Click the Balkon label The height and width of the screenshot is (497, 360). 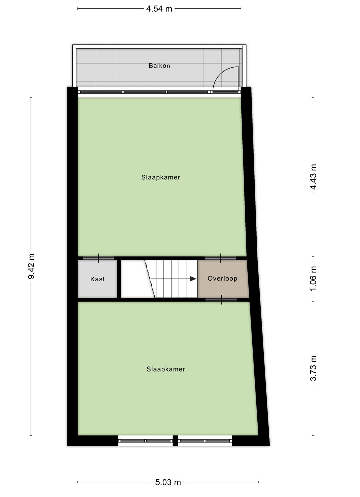(x=159, y=66)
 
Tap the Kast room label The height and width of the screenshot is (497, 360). (x=98, y=279)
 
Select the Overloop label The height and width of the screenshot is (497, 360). (x=222, y=279)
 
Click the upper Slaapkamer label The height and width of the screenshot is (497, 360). (x=161, y=177)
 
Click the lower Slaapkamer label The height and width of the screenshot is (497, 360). (x=166, y=369)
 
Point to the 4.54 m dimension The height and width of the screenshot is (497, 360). (x=159, y=9)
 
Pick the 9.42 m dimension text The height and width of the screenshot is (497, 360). (x=31, y=266)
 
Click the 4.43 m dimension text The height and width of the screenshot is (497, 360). (x=313, y=177)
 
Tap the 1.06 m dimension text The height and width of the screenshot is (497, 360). (x=313, y=278)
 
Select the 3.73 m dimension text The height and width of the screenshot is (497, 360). (x=313, y=368)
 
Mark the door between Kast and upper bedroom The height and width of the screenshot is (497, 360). (x=98, y=258)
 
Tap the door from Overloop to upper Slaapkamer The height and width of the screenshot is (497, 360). (x=221, y=258)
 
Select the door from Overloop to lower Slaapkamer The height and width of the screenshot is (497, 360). (x=221, y=300)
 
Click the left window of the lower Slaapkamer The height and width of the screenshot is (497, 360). (x=146, y=441)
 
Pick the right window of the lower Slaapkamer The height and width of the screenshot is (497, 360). (x=205, y=441)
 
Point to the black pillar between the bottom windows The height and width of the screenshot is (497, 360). (x=175, y=441)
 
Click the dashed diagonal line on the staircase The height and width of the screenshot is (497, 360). (x=150, y=279)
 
